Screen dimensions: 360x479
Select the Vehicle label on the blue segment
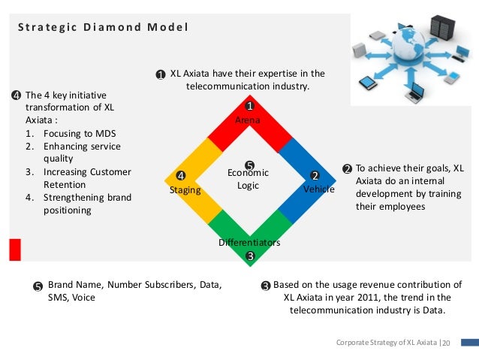pos(318,189)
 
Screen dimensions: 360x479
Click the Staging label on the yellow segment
pos(185,190)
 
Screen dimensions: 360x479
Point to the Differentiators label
pos(249,243)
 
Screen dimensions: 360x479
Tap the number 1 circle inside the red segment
pos(250,107)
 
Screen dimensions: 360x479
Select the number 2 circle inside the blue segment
pos(316,176)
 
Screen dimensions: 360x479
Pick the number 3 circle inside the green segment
pos(250,256)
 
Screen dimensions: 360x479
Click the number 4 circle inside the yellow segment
pos(181,177)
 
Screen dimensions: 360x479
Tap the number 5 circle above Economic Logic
pos(250,165)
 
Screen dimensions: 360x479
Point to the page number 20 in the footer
pos(445,343)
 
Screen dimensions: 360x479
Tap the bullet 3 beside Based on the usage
pos(265,286)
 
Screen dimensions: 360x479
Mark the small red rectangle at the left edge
pos(14,250)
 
